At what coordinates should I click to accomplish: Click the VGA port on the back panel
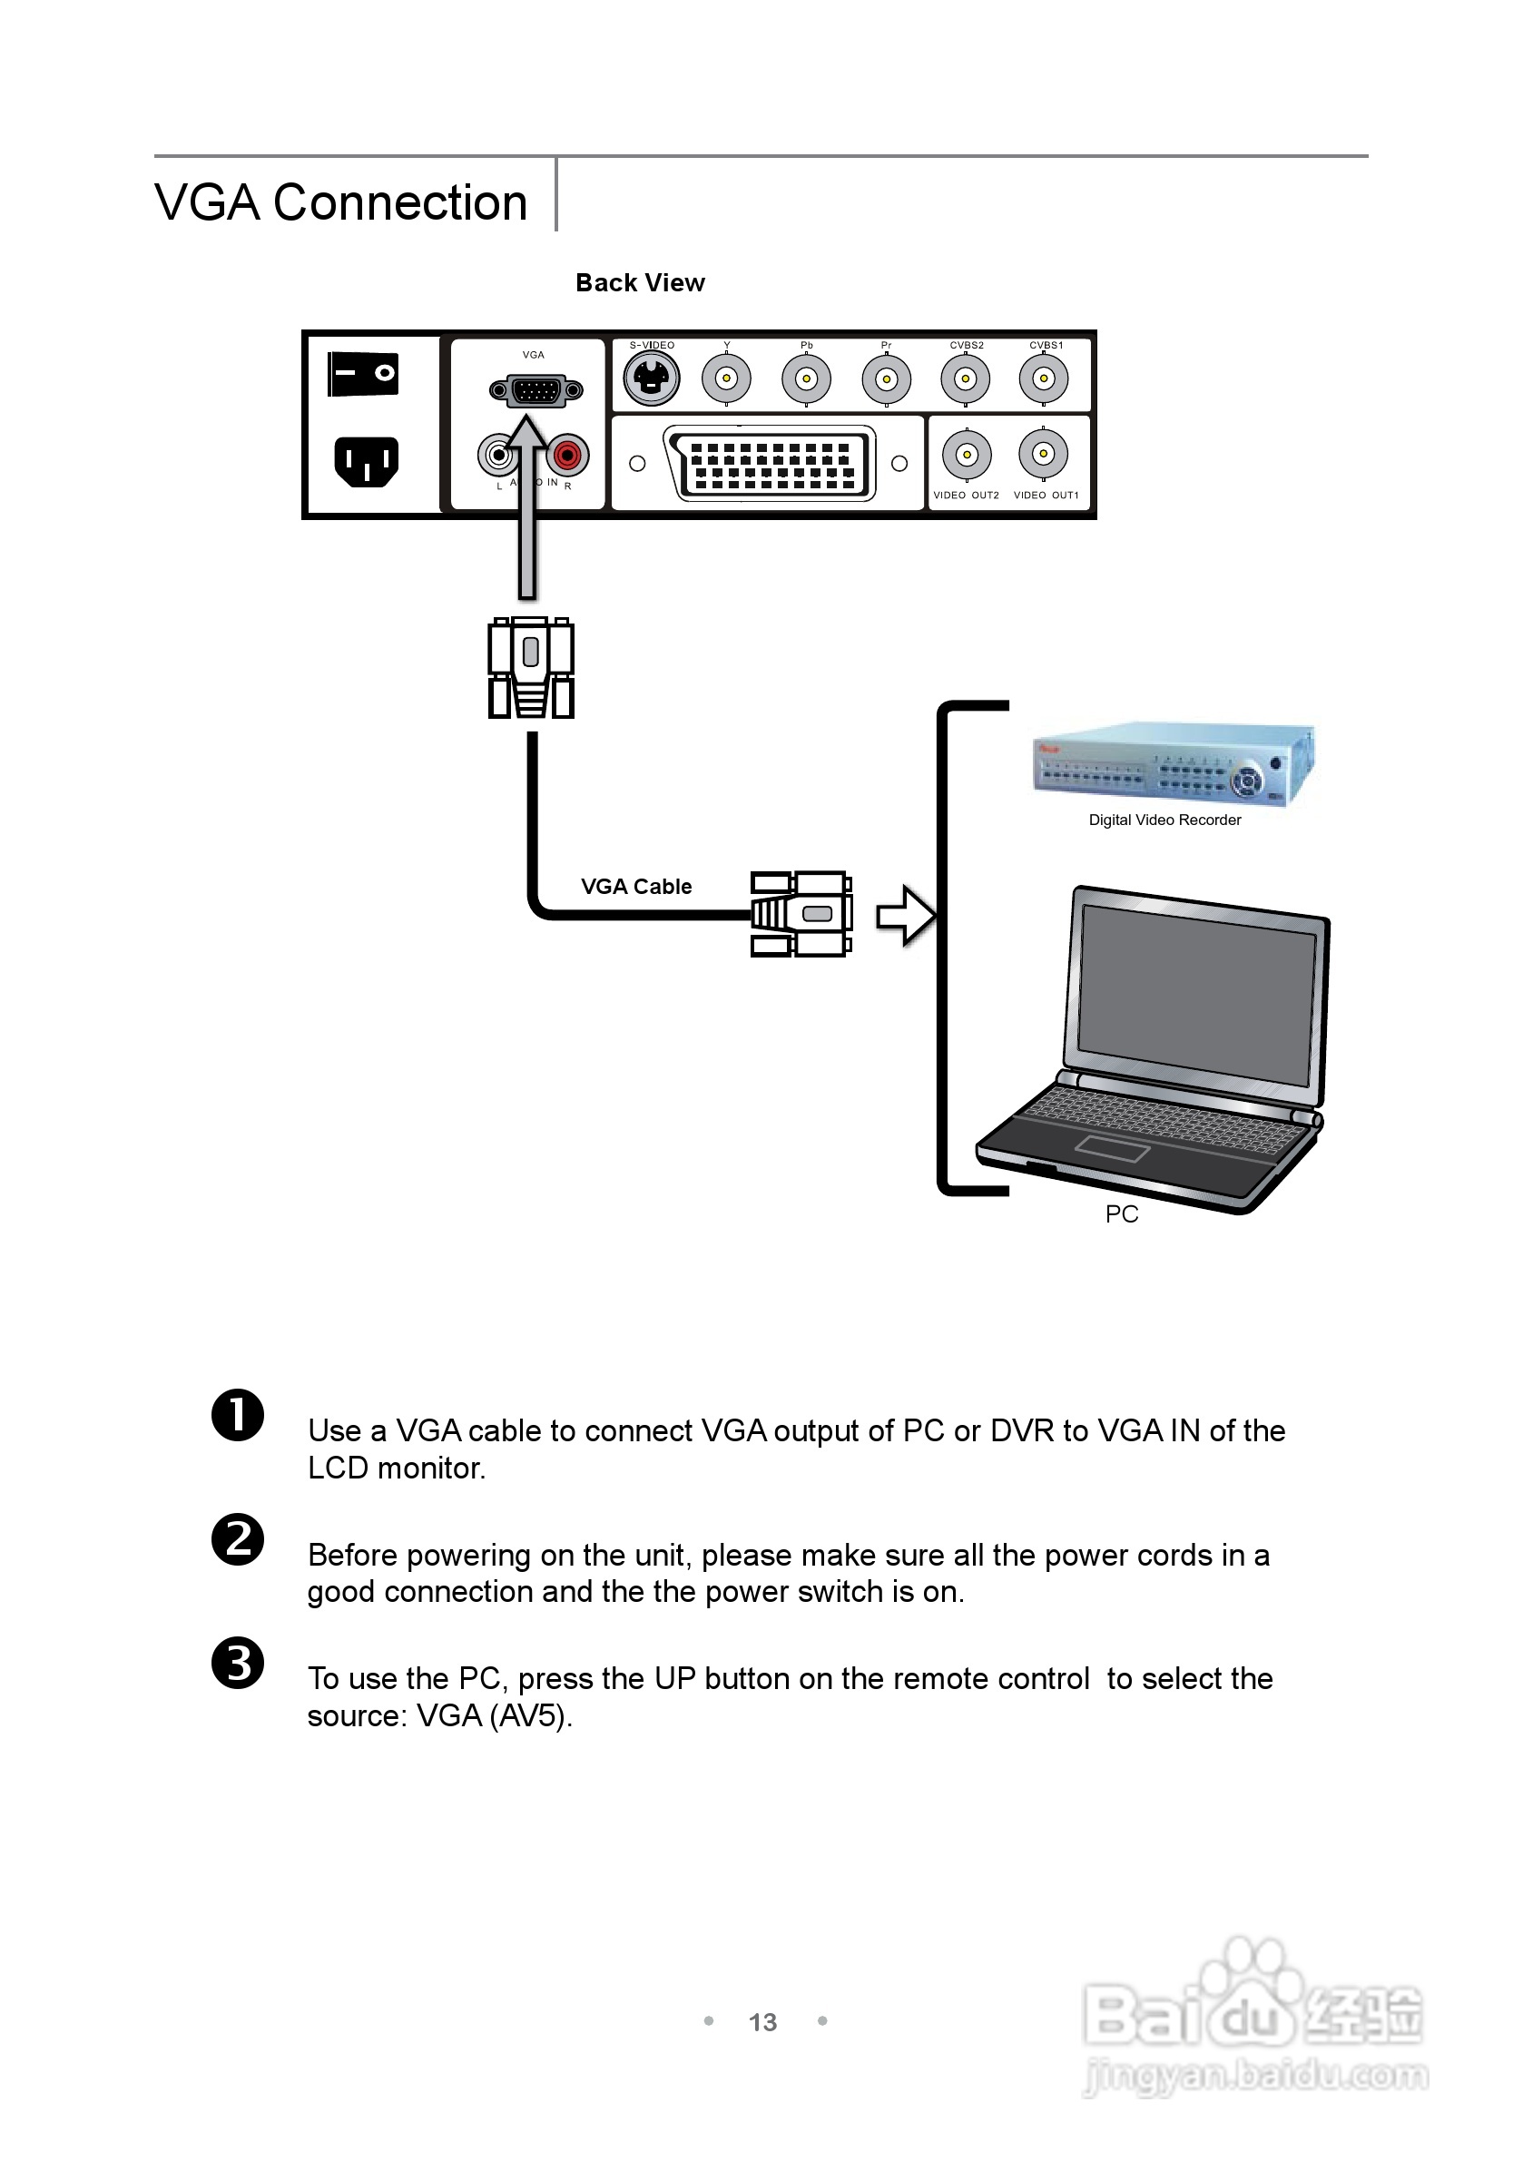point(536,390)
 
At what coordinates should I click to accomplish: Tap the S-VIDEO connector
point(652,378)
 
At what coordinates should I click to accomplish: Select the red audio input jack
point(566,456)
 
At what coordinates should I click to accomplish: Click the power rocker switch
point(363,374)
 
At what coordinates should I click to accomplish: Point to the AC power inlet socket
point(366,461)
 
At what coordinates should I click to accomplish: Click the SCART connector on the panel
point(768,462)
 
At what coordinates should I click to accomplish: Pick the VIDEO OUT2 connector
point(966,456)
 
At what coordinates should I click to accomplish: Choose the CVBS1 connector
point(1043,378)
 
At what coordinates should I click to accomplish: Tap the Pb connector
point(806,378)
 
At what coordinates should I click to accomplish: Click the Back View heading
point(640,283)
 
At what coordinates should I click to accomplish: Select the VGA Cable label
point(636,887)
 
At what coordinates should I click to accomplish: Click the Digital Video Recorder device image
point(1172,764)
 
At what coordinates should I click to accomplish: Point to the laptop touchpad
point(1112,1148)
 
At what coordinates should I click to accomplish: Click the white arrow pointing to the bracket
point(905,915)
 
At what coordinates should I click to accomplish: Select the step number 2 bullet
point(238,1540)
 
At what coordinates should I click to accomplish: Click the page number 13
point(762,2023)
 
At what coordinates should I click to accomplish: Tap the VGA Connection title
point(340,202)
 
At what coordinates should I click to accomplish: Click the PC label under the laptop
point(1122,1214)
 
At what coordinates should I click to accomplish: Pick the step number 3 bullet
point(238,1663)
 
